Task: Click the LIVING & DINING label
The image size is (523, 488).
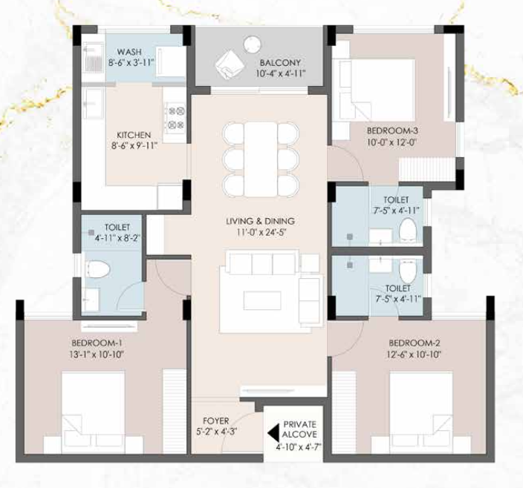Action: [x=261, y=221]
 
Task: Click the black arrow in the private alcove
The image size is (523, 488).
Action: [x=272, y=430]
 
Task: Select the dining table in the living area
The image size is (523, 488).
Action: [x=261, y=159]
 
